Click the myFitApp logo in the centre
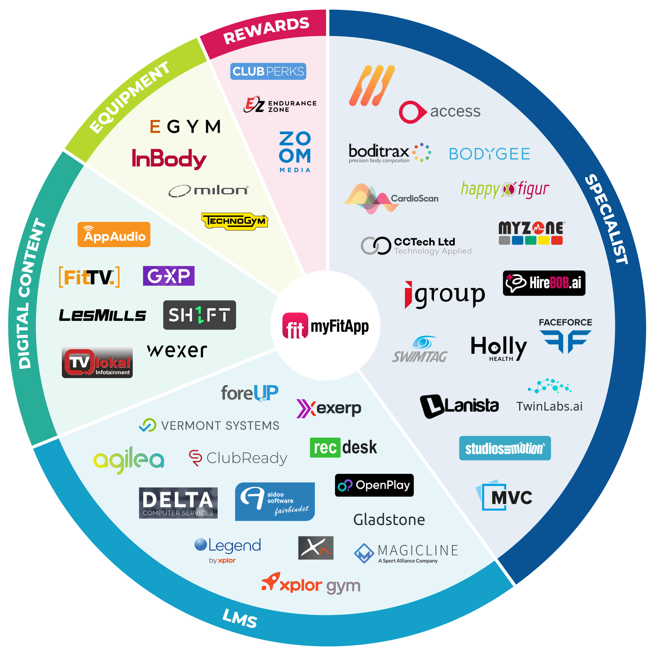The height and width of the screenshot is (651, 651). pyautogui.click(x=325, y=326)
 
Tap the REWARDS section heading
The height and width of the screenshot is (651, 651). pyautogui.click(x=266, y=30)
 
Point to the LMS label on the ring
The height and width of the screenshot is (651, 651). pyautogui.click(x=240, y=618)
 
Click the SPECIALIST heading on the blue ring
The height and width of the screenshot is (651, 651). pyautogui.click(x=606, y=219)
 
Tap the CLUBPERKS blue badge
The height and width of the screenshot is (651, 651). pyautogui.click(x=268, y=71)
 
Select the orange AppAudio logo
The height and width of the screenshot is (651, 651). pyautogui.click(x=114, y=234)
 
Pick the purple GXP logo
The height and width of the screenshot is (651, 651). pyautogui.click(x=169, y=276)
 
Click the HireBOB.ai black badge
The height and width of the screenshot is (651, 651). pyautogui.click(x=544, y=283)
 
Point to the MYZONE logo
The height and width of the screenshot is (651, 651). pyautogui.click(x=531, y=232)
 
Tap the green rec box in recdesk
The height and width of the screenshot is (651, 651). pyautogui.click(x=325, y=448)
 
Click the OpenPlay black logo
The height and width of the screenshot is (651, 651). pyautogui.click(x=374, y=485)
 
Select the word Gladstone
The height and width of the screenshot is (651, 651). pyautogui.click(x=389, y=519)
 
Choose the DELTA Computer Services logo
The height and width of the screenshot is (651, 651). pyautogui.click(x=178, y=503)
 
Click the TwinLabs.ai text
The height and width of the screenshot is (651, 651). pyautogui.click(x=549, y=406)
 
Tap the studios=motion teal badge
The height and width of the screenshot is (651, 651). pyautogui.click(x=505, y=448)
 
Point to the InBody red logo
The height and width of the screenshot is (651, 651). pyautogui.click(x=169, y=159)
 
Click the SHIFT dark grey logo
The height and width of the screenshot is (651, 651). pyautogui.click(x=200, y=315)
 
